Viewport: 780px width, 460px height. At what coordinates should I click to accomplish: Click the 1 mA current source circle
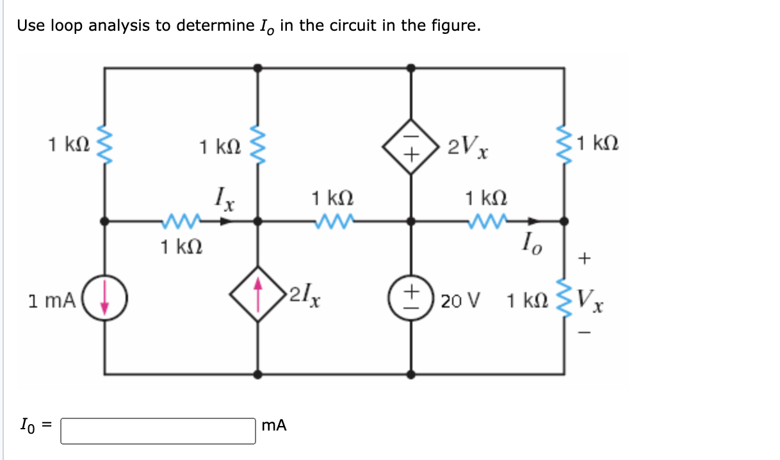(106, 300)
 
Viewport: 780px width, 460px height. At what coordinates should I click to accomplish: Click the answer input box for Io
(158, 431)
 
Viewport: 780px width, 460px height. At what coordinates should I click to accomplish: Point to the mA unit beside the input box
(274, 425)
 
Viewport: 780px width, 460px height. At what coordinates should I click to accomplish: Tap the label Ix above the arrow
(224, 199)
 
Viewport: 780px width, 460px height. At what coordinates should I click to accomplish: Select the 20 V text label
(461, 300)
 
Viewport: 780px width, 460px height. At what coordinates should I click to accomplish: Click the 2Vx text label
(469, 148)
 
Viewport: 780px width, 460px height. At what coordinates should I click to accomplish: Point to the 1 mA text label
(53, 300)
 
